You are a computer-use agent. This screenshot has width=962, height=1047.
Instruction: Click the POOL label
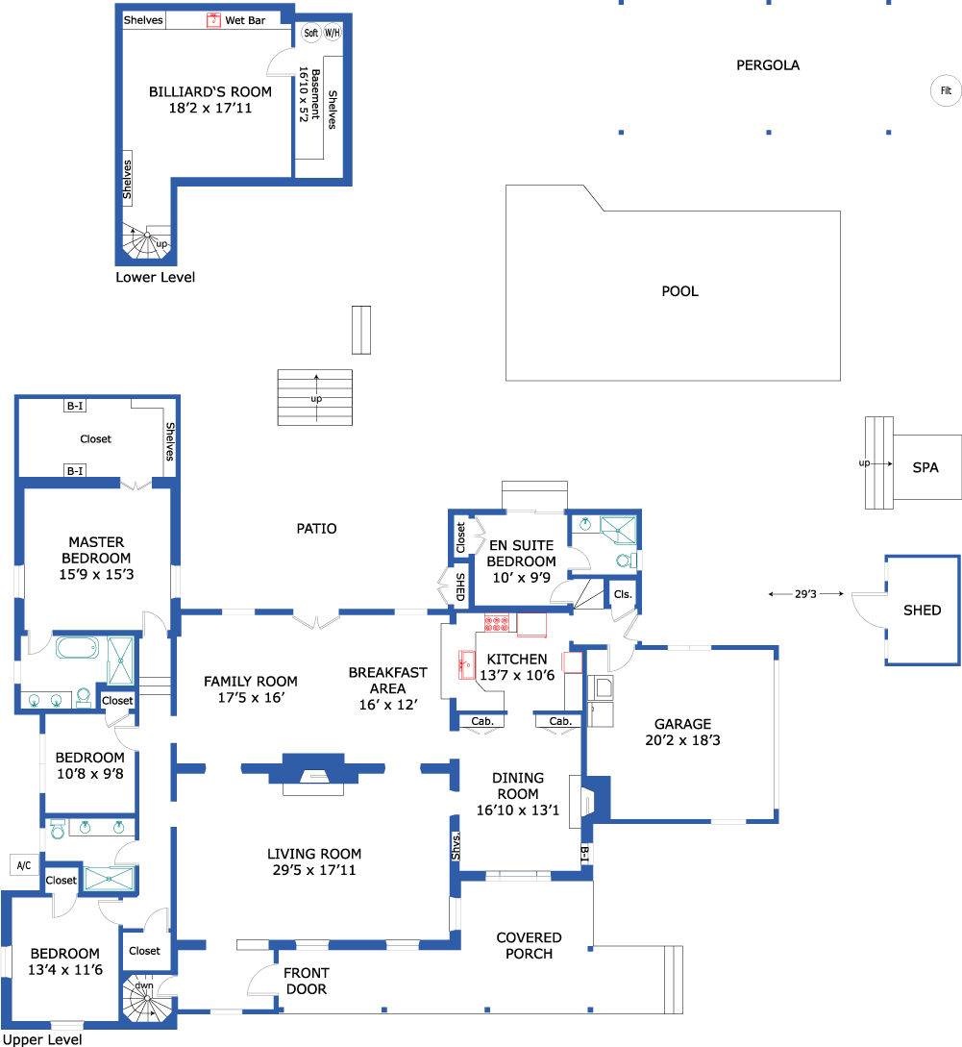coord(679,291)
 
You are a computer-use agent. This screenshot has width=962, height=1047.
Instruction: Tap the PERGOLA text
coord(768,65)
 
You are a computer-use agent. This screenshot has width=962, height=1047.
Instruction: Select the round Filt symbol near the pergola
coord(946,90)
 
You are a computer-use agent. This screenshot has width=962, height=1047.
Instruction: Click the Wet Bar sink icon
coord(213,20)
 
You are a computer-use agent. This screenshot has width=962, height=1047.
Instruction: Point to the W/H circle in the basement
coord(332,33)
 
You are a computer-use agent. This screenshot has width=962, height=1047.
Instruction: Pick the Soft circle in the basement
coord(311,33)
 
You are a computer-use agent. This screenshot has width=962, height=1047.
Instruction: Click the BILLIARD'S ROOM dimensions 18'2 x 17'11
coord(210,109)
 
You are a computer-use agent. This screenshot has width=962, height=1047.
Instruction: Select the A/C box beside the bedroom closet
coord(23,865)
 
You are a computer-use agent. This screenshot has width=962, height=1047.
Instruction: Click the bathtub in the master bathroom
coord(78,648)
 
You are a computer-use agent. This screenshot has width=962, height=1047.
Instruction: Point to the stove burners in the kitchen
coord(497,623)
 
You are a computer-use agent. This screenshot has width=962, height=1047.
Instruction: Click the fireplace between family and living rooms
coord(313,773)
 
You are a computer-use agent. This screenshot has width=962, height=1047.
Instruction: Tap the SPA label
coord(925,467)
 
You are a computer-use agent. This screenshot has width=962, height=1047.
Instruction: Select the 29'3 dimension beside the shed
coord(805,593)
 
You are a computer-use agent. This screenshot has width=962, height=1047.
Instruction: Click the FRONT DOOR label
coord(307,981)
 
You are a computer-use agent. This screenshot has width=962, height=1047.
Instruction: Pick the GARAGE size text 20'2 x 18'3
coord(682,740)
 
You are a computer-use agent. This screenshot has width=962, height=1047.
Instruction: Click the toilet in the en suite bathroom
coord(627,561)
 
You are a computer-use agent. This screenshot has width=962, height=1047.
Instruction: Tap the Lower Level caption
coord(155,277)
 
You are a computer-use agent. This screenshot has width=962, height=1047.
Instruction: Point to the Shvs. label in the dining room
coord(456,846)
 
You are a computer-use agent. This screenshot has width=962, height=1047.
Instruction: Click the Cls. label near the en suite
coord(622,594)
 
